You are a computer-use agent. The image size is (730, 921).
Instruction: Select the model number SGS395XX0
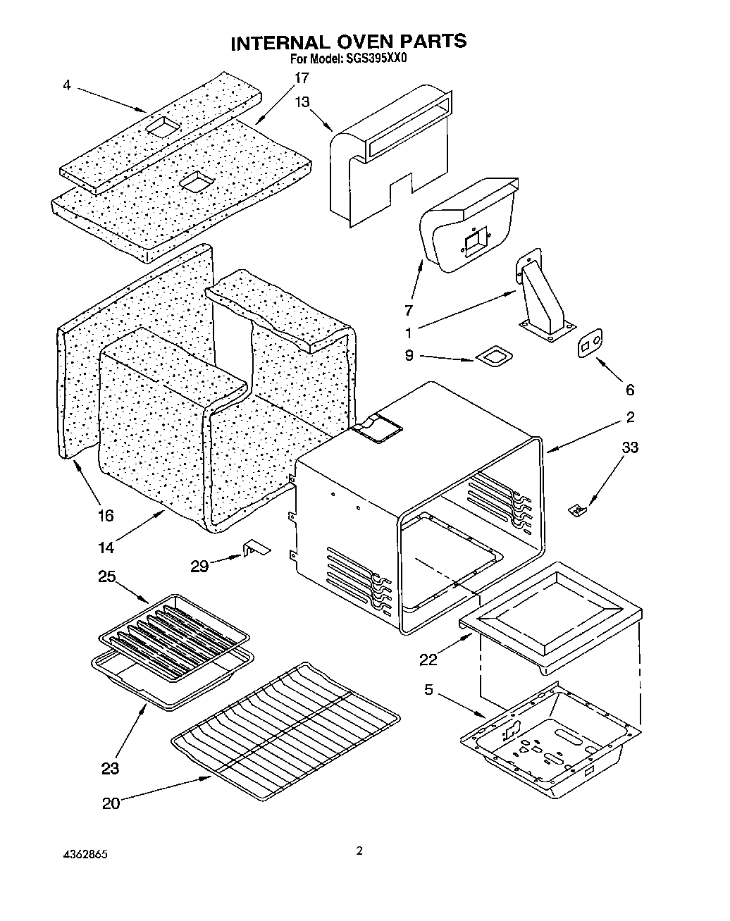pos(376,59)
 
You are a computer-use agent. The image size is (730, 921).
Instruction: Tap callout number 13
pos(302,102)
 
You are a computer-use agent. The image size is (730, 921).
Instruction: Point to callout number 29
pos(199,565)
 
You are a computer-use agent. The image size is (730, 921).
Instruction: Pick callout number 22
pos(428,660)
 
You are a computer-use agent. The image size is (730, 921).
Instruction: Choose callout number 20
pos(111,803)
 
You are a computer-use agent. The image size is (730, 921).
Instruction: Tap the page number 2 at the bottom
pos(359,851)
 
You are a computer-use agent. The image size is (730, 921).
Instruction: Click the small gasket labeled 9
pos(494,358)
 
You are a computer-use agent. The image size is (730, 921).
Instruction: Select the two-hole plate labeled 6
pos(590,343)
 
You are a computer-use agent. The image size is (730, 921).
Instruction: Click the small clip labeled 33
pos(576,507)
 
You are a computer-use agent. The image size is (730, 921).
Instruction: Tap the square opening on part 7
pos(475,243)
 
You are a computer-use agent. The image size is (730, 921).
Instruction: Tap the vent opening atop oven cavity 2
pos(378,428)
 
